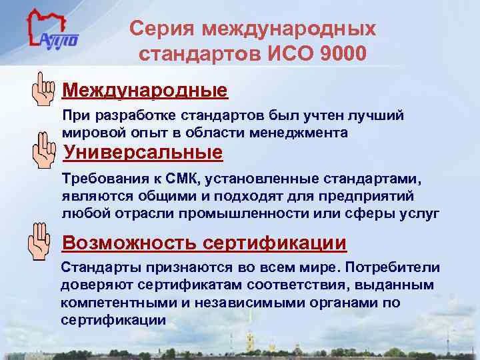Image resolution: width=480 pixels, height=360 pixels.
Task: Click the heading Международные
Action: click(145, 89)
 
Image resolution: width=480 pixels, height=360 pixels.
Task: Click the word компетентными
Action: click(110, 303)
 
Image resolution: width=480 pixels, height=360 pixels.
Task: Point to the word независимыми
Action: click(229, 303)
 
